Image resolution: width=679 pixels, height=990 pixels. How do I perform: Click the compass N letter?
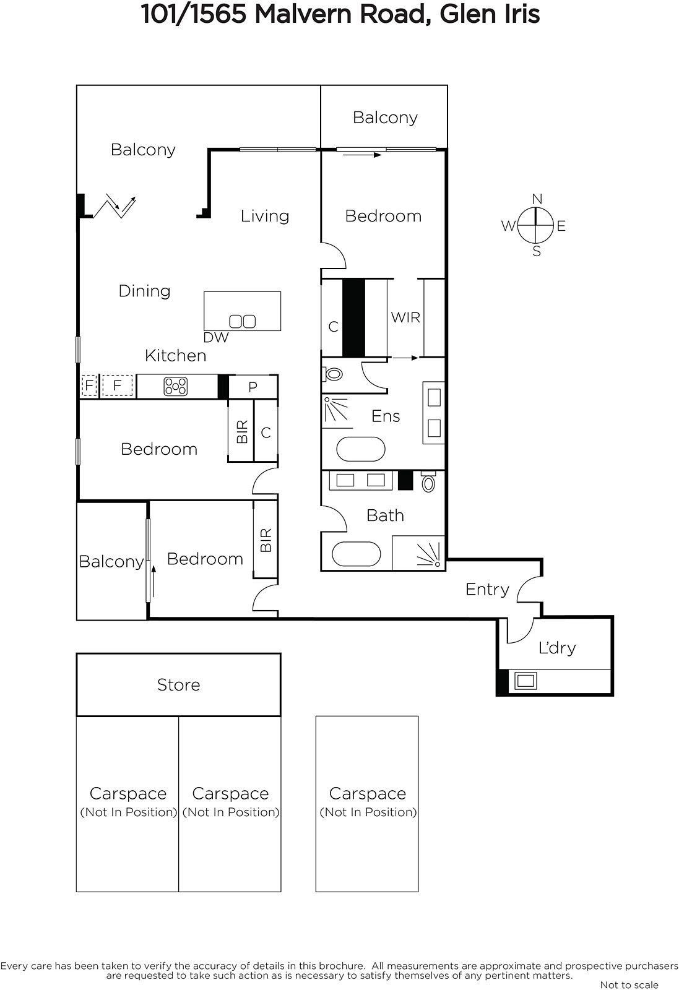pos(537,199)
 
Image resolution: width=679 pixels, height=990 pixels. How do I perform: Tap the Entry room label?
pos(487,589)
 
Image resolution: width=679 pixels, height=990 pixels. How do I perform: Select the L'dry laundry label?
pos(557,648)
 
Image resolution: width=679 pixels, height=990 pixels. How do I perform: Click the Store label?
pos(179,684)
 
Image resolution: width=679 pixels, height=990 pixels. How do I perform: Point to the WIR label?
pos(405,317)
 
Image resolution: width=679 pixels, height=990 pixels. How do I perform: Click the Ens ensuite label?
pos(386,416)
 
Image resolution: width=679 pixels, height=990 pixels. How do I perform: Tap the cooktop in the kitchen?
pos(176,386)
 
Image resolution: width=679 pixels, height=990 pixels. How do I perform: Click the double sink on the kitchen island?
pos(242,321)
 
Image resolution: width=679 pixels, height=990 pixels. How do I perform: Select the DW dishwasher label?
pos(216,338)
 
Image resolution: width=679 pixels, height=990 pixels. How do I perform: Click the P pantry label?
pos(253,387)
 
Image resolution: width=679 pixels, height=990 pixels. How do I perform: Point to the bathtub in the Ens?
pos(361,449)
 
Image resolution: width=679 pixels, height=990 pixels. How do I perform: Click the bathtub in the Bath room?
pos(357,554)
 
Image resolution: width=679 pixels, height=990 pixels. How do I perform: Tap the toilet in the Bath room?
pos(428,481)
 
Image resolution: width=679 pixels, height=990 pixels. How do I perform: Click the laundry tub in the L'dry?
pos(525,681)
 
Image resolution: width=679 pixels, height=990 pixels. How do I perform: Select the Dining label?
pos(145,291)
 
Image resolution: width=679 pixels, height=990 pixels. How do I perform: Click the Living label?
pos(265,216)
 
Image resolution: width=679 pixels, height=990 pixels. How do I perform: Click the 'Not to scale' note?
pos(629,984)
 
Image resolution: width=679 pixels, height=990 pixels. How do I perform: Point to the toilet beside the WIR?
pos(333,374)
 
